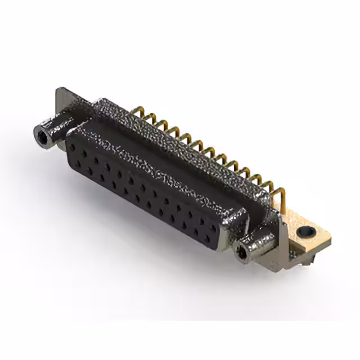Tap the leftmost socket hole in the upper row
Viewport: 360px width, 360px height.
pos(74,147)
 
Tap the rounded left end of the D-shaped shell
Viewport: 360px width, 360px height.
pos(70,141)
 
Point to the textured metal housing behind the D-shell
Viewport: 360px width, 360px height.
pos(186,146)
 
